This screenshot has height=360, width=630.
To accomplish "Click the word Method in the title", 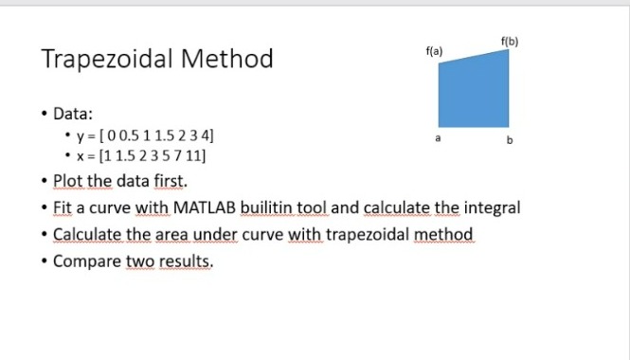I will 233,60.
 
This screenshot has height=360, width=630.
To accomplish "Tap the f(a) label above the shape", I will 435,48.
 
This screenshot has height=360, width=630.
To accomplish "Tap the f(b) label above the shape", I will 509,39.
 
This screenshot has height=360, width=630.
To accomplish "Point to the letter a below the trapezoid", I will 438,138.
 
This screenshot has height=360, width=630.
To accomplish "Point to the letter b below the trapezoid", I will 510,141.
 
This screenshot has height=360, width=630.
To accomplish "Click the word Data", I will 71,113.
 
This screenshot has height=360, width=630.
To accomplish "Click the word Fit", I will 63,207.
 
